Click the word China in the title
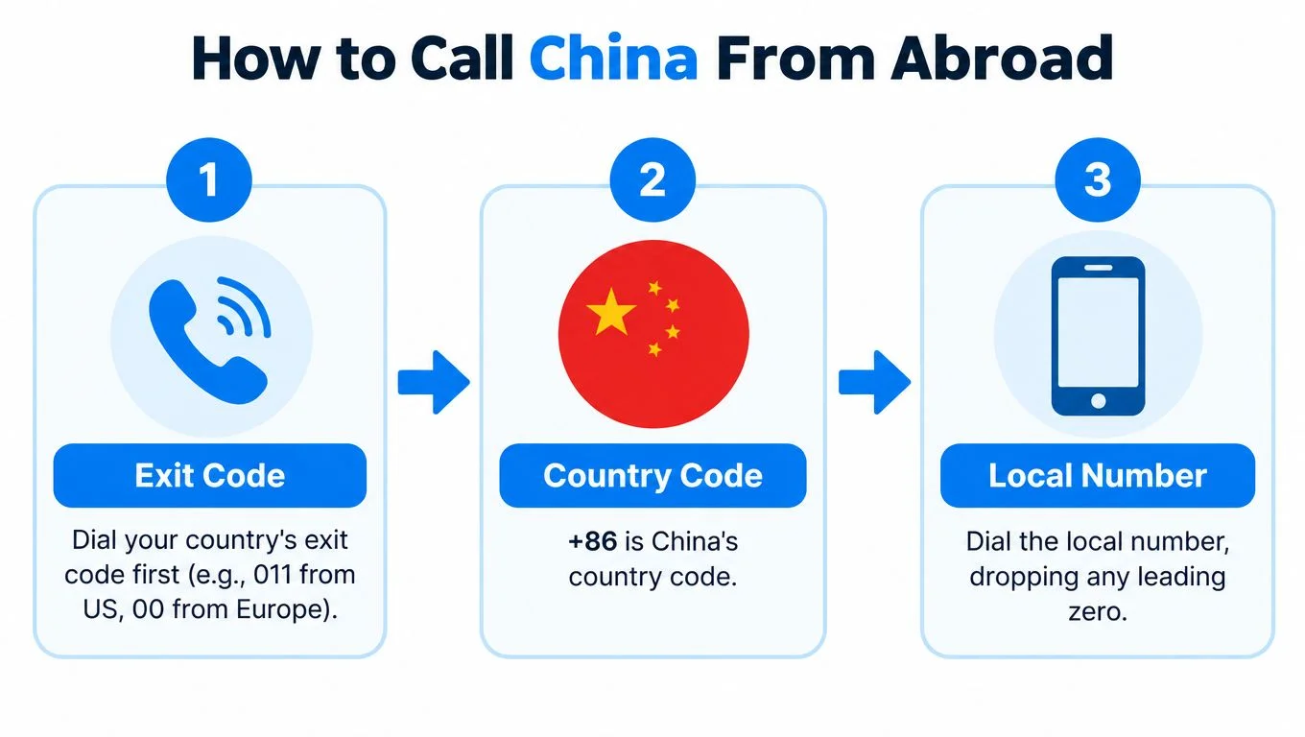613,58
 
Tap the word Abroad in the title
1002,58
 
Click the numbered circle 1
209,179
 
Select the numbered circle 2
652,179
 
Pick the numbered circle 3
1098,179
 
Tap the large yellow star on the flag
611,312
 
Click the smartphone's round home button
1098,401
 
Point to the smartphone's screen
1098,332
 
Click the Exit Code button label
210,475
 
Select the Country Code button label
652,475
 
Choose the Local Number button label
1098,475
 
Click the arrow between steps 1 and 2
434,382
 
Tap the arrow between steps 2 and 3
874,382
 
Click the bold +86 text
592,541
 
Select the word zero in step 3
1098,611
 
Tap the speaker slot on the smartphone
1098,268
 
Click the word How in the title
256,58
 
